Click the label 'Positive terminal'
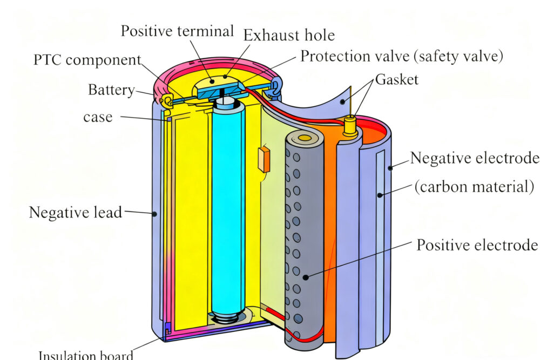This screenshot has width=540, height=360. click(177, 31)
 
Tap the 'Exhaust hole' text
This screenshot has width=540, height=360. click(288, 36)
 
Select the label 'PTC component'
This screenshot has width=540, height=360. click(87, 60)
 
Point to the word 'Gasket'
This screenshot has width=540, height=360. click(397, 79)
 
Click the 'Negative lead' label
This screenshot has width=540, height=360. click(76, 213)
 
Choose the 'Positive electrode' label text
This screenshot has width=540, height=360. click(477, 244)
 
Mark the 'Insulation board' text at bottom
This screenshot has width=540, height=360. click(86, 355)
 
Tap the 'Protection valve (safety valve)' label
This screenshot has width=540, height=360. click(402, 56)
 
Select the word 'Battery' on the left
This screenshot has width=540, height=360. click(111, 90)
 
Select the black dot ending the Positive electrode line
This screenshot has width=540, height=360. click(305, 277)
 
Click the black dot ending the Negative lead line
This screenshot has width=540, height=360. click(155, 214)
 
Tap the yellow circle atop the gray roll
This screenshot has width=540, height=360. click(305, 139)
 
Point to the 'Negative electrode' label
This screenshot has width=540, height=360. click(474, 158)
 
